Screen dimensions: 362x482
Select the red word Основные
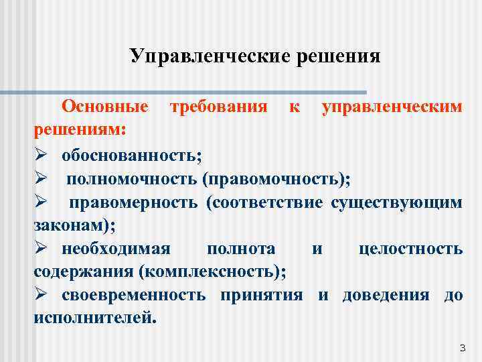point(105,107)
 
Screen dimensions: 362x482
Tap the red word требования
point(218,107)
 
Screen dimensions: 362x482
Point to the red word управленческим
point(392,107)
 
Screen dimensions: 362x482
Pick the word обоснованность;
point(131,155)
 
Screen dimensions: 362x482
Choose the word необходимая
point(116,249)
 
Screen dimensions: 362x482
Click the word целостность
point(410,249)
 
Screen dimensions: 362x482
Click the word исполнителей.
point(95,318)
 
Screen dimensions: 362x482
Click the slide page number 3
point(462,347)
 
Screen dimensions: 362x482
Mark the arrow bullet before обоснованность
point(40,155)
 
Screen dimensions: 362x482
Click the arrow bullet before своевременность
point(40,296)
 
